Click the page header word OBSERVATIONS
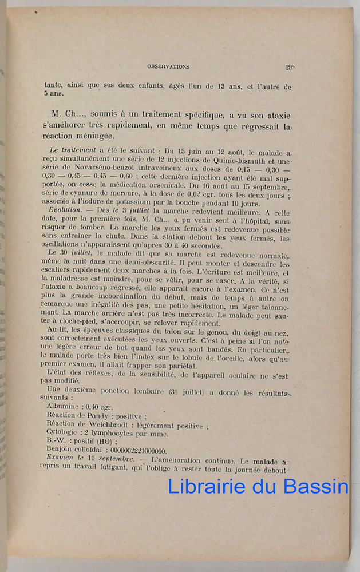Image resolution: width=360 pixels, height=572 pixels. pyautogui.click(x=168, y=66)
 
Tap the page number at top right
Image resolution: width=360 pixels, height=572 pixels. pyautogui.click(x=290, y=66)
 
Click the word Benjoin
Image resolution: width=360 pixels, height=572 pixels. pyautogui.click(x=61, y=451)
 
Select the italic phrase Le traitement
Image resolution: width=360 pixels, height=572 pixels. pyautogui.click(x=71, y=151)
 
